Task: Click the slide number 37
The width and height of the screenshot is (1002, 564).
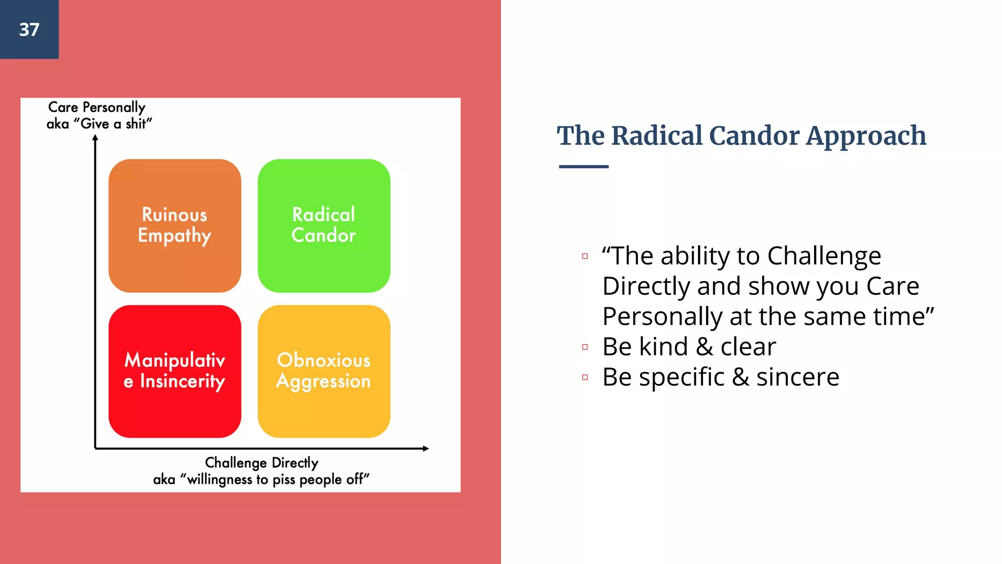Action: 29,29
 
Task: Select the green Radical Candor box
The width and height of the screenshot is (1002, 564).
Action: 324,225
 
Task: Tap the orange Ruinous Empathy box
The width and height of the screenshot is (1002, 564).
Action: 175,225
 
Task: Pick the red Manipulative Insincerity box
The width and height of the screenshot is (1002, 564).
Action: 175,371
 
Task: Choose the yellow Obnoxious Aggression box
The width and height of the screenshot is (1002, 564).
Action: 324,371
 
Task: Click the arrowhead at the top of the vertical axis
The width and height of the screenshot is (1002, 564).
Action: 95,138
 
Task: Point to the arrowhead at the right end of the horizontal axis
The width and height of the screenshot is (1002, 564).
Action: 426,448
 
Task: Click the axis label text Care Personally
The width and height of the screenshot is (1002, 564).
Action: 96,107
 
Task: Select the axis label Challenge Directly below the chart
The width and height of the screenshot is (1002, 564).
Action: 261,462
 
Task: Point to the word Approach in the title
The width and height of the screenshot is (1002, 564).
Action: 866,137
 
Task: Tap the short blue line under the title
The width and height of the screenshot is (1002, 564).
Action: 584,166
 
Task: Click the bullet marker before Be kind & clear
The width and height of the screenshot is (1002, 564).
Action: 585,347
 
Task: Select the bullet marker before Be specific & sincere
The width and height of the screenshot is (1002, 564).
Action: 585,377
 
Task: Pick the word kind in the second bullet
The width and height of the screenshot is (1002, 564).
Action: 663,347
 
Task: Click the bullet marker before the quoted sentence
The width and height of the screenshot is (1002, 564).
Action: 585,256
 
